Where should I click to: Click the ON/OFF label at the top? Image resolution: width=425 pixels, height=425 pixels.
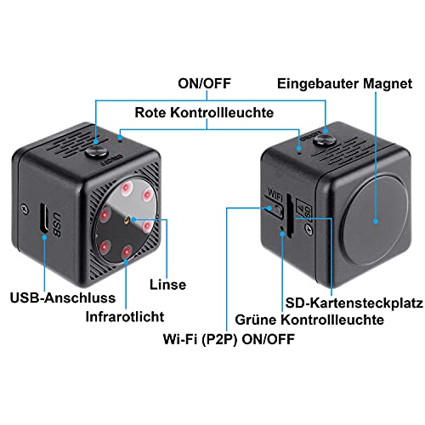click(x=204, y=83)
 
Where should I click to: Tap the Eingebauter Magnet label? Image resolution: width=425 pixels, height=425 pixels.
click(x=344, y=84)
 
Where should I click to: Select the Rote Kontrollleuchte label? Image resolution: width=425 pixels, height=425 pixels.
click(x=204, y=113)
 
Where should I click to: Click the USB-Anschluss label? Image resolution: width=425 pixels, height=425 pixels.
click(x=63, y=298)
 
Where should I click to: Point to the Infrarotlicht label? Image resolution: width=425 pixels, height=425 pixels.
click(x=125, y=317)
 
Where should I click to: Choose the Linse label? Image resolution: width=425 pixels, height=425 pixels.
click(x=167, y=285)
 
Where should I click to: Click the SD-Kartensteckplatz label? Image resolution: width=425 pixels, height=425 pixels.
click(x=354, y=303)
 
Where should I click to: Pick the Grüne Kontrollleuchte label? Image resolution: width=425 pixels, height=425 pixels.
click(x=309, y=320)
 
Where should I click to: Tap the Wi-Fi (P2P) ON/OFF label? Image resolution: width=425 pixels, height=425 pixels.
click(x=229, y=339)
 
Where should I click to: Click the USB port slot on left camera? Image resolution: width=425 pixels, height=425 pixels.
click(x=43, y=218)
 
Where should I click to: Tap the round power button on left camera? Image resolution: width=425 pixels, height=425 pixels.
click(x=97, y=152)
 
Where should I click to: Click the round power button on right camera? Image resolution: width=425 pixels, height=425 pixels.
click(x=325, y=139)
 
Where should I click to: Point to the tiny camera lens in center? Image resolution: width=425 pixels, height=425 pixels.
click(x=127, y=220)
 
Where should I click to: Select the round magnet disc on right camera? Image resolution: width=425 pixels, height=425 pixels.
click(x=375, y=221)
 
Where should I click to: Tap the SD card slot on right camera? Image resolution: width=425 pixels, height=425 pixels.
click(x=289, y=216)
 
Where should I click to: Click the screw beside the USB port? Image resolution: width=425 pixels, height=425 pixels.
click(x=25, y=209)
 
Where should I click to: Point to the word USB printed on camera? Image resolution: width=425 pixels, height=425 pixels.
click(x=57, y=224)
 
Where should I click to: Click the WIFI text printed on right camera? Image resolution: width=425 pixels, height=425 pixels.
click(x=275, y=195)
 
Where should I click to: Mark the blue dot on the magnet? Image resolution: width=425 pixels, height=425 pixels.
click(x=376, y=221)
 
